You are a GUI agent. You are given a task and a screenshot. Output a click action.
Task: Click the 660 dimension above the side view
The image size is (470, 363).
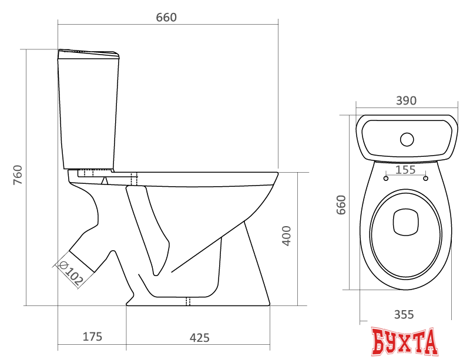coord(166,18)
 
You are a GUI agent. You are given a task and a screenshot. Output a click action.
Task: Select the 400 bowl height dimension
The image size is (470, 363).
coord(287,235)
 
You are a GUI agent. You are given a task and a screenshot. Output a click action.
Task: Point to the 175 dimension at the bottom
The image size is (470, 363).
coord(92,337)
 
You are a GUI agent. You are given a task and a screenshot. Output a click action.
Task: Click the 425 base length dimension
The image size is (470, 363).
coord(200,337)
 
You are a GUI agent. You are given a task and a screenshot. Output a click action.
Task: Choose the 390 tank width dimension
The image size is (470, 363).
coord(405,101)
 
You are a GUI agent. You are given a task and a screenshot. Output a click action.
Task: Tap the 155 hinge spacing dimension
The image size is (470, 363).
coord(405,170)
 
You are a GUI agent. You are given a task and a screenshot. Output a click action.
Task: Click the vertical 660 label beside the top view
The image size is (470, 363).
coord(340,204)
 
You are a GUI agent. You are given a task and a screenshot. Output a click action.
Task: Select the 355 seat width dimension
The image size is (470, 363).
coord(404,314)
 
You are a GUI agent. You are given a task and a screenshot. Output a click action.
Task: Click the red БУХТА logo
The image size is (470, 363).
coord(405,342)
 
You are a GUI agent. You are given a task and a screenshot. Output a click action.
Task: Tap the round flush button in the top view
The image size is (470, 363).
coord(407,140)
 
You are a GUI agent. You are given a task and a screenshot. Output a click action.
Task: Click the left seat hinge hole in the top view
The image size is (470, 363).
coord(385,177)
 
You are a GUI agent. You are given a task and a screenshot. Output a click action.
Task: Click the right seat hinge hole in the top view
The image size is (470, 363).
coord(425,177)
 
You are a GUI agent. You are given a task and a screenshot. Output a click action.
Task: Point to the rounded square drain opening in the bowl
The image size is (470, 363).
coord(405,221)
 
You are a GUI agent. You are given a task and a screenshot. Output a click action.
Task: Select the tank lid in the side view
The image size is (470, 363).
coord(88,53)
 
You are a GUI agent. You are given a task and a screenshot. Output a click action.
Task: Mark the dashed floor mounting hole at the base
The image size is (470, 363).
coord(188,302)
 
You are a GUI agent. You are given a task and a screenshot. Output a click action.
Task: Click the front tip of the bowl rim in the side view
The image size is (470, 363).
coord(277,175)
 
